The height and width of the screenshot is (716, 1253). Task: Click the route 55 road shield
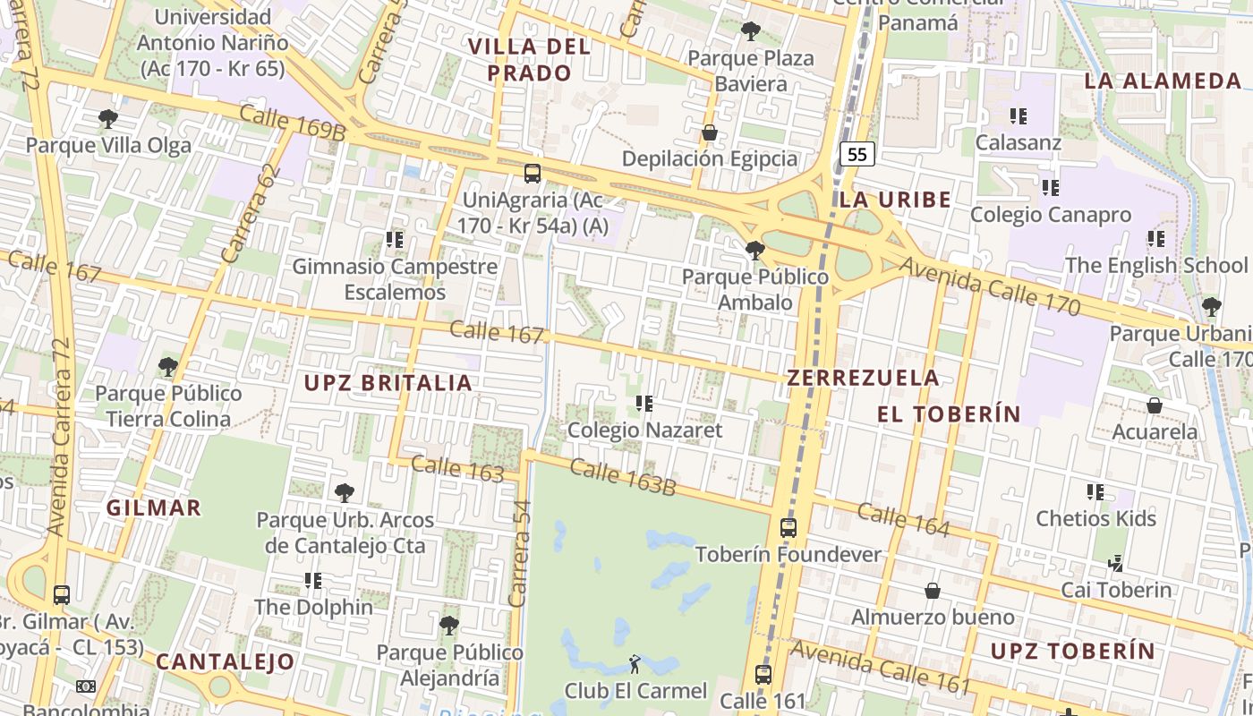(857, 154)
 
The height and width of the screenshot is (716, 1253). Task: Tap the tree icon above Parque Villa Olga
(107, 118)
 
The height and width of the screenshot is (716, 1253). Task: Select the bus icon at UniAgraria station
(532, 173)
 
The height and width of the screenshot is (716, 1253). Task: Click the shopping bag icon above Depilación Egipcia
(709, 132)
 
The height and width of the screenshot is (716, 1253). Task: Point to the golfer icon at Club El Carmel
(635, 664)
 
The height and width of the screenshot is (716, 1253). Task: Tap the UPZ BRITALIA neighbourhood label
(388, 383)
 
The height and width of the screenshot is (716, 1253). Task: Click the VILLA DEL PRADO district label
(530, 60)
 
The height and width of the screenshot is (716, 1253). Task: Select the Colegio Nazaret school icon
(644, 404)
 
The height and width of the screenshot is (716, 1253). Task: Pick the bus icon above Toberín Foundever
(788, 528)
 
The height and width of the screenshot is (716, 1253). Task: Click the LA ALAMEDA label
(1163, 81)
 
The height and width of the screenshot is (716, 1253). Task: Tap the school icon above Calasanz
(1018, 116)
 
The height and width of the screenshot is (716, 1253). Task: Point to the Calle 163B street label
(622, 477)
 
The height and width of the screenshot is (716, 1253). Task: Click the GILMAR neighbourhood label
(154, 507)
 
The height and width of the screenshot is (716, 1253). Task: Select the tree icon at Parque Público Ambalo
(754, 250)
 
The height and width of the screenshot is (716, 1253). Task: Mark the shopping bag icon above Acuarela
(1155, 405)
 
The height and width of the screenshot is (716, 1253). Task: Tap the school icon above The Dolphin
(312, 581)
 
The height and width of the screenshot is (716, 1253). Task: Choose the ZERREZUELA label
(863, 378)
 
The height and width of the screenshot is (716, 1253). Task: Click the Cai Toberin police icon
(1115, 564)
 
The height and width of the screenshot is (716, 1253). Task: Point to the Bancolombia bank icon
(86, 686)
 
